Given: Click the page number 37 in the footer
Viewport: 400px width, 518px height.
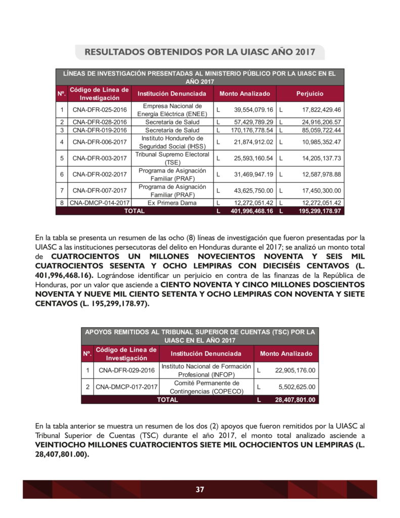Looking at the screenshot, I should point(200,489).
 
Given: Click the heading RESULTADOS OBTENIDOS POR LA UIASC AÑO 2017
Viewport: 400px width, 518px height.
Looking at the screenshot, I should point(200,52).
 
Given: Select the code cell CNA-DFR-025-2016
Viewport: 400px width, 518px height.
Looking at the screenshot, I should point(99,110).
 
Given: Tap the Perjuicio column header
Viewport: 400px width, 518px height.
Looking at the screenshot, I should point(309,94).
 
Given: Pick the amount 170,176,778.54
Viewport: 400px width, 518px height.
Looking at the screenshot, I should point(252,130).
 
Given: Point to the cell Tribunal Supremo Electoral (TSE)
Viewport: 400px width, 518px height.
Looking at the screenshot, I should point(172,158).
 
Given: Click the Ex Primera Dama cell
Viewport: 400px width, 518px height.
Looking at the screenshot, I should point(172,203).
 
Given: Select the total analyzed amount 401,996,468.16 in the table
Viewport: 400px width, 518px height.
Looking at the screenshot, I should point(252,211).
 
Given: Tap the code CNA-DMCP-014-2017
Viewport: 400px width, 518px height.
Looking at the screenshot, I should point(99,203).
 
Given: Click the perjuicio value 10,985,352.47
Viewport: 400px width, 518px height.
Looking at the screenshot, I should point(315,142).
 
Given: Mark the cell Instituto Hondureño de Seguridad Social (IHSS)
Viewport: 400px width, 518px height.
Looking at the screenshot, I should point(172,142).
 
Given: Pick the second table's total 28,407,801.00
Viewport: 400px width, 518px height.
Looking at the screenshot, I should point(294,400).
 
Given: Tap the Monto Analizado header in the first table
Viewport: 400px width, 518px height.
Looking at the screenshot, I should point(244,94).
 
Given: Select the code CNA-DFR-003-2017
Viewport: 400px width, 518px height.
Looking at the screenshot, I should point(99,158).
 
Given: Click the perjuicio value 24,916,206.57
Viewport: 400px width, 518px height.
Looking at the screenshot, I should point(315,122).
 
